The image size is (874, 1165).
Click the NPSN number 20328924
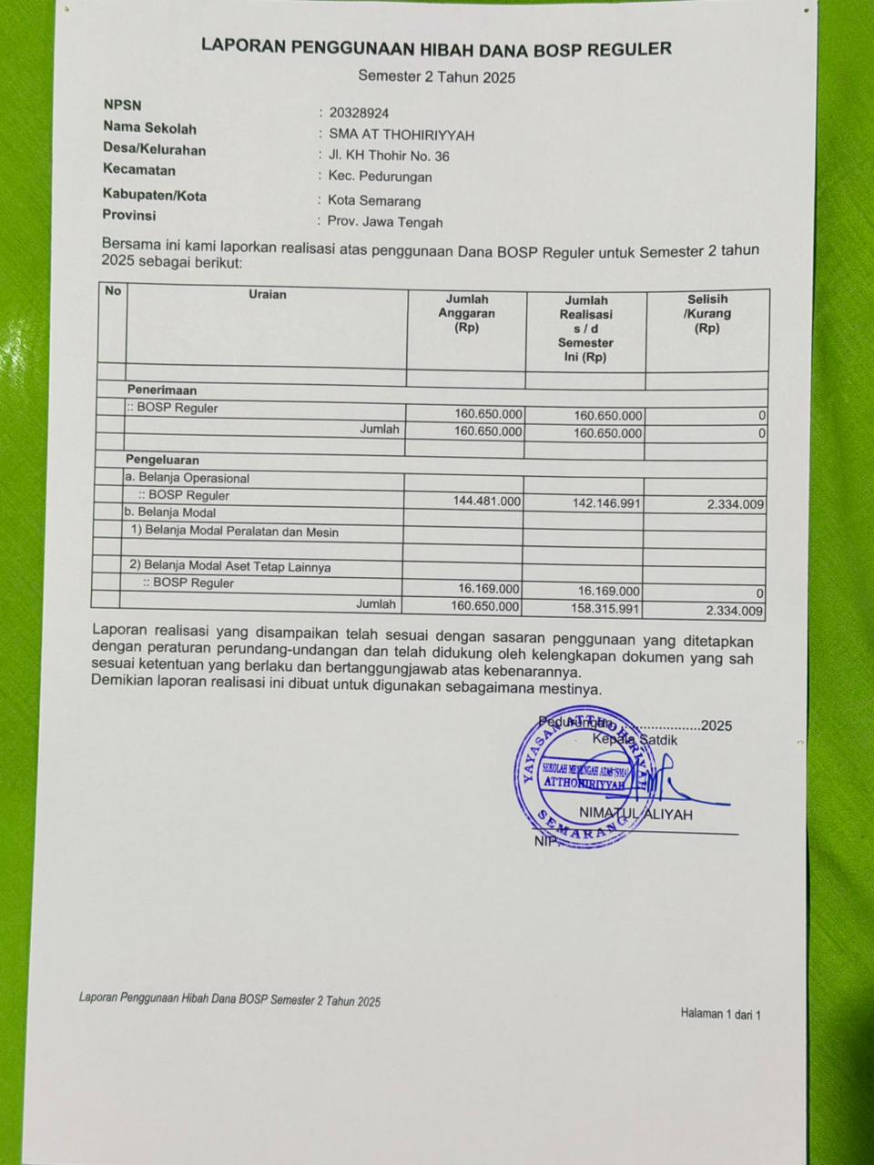[359, 114]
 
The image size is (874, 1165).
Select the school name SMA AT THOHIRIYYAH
[401, 135]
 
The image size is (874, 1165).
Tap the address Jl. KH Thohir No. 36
[389, 156]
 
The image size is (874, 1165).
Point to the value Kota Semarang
[374, 200]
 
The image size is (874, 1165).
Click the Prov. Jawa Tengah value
[385, 222]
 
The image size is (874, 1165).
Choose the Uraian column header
[267, 295]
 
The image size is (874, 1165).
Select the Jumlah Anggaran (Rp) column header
[466, 313]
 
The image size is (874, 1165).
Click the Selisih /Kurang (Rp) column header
[707, 313]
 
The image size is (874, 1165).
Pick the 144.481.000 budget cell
[487, 501]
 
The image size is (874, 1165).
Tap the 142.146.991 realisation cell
[606, 503]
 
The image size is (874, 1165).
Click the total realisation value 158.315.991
[606, 609]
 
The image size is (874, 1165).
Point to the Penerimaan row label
[162, 390]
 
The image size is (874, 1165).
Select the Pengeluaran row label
[162, 460]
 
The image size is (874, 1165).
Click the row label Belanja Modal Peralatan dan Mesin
[235, 532]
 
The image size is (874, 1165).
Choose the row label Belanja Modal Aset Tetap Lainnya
[230, 566]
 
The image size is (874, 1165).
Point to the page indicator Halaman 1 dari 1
[720, 1014]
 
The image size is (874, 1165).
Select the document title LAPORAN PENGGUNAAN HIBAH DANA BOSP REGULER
[436, 47]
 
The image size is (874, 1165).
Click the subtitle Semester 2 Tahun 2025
[436, 77]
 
